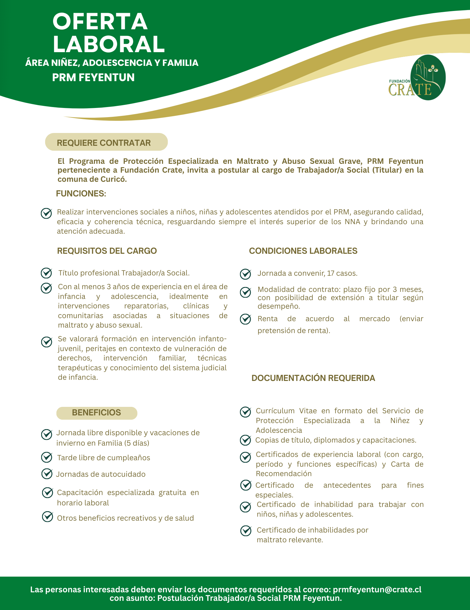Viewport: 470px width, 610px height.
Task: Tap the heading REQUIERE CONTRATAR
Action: click(x=104, y=143)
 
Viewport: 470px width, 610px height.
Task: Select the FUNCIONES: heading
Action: click(x=81, y=194)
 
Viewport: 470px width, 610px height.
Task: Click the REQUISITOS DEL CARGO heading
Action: click(x=107, y=251)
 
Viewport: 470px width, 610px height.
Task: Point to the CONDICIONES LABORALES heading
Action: click(x=303, y=251)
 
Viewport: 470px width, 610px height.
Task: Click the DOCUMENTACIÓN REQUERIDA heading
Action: click(x=313, y=378)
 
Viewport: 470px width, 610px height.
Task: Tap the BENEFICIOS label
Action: click(x=96, y=413)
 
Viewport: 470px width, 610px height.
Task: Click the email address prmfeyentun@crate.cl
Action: click(x=377, y=589)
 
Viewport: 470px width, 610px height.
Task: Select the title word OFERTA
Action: click(x=100, y=21)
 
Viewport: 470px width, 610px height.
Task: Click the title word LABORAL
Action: click(x=109, y=44)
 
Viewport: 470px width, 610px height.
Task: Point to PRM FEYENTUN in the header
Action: click(x=93, y=77)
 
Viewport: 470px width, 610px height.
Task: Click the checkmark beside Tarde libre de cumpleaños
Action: click(x=47, y=457)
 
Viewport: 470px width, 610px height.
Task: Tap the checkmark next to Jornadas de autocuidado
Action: click(x=47, y=474)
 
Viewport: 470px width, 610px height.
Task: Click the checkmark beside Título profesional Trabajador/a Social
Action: click(x=46, y=273)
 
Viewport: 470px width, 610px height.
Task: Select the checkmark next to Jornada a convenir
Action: click(x=246, y=274)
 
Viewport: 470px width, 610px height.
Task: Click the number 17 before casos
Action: click(x=330, y=273)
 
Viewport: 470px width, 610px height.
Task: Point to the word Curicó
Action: click(x=113, y=179)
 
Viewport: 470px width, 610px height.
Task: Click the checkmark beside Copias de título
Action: click(x=246, y=440)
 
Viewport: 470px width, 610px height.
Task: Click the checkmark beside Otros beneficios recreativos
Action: click(x=48, y=517)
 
